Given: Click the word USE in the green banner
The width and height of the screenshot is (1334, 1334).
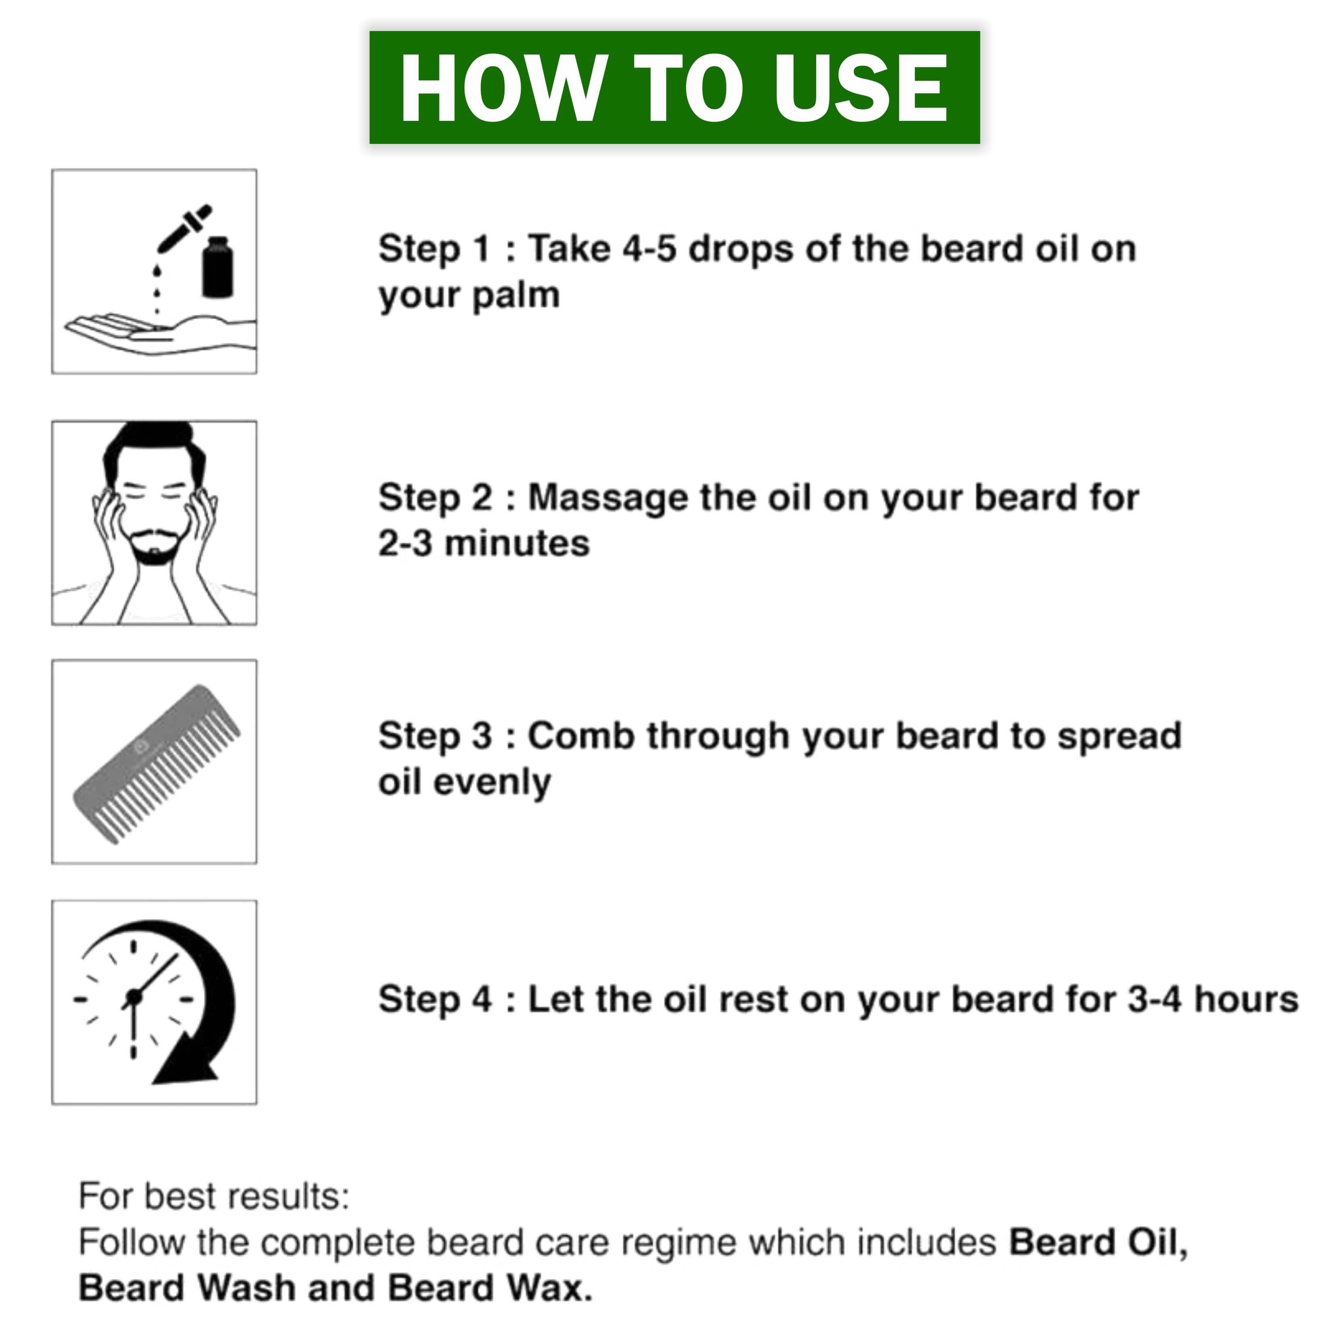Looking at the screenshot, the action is tap(860, 89).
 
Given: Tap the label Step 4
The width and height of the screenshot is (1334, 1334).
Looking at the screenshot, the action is tap(435, 1000).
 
